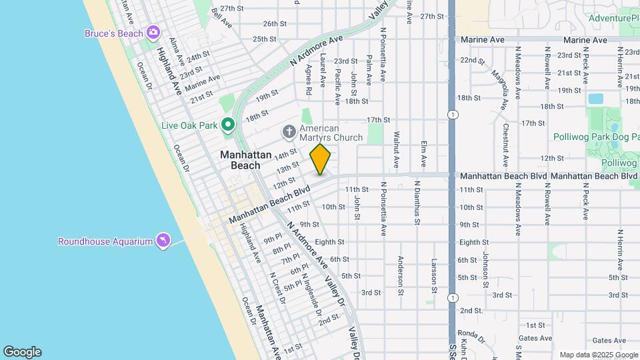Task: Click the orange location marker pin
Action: [320, 159]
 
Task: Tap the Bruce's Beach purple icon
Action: [154, 32]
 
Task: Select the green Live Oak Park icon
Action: [228, 125]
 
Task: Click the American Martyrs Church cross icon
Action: [289, 130]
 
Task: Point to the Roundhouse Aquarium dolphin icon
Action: [163, 241]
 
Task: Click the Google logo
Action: [22, 351]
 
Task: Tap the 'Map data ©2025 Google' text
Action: [599, 355]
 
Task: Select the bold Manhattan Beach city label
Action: [246, 160]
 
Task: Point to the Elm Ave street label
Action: [423, 153]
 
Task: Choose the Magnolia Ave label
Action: [499, 81]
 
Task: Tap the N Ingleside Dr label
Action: [310, 294]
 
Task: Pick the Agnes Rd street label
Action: [309, 79]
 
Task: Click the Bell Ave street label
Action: [221, 17]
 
